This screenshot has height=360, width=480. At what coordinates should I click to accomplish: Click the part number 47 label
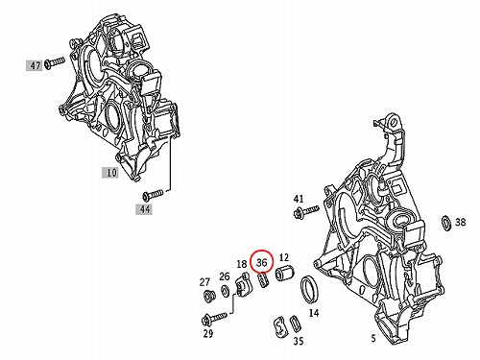pyautogui.click(x=36, y=66)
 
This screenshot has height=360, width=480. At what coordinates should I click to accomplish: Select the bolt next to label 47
pyautogui.click(x=55, y=62)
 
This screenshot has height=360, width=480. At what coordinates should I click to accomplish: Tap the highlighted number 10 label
pyautogui.click(x=111, y=173)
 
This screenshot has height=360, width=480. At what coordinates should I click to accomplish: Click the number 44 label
pyautogui.click(x=145, y=209)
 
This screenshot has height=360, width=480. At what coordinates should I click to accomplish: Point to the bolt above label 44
pyautogui.click(x=153, y=194)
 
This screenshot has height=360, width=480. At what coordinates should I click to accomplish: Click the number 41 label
pyautogui.click(x=299, y=199)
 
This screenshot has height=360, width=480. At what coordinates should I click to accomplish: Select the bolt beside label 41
pyautogui.click(x=306, y=211)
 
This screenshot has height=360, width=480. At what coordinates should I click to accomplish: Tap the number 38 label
pyautogui.click(x=461, y=222)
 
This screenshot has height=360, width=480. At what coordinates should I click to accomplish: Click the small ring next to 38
pyautogui.click(x=446, y=223)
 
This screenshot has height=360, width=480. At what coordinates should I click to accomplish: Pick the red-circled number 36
pyautogui.click(x=261, y=262)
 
